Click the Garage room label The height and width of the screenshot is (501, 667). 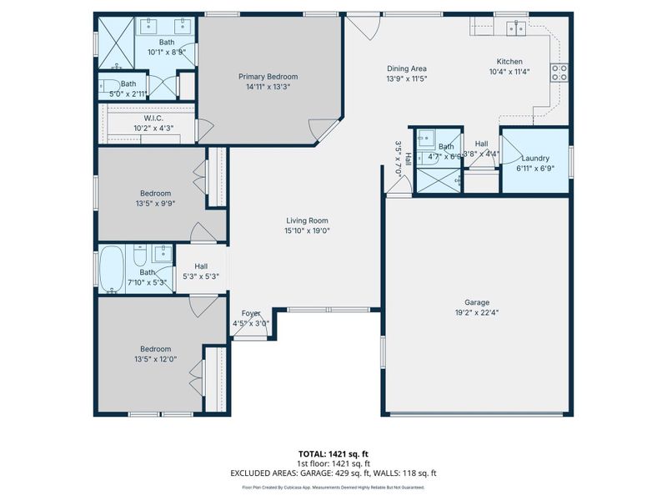477,302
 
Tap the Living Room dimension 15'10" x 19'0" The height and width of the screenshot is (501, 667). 308,231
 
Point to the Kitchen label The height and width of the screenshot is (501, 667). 509,62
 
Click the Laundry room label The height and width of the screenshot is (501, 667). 534,159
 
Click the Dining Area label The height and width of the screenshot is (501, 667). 407,68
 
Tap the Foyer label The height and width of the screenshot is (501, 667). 251,313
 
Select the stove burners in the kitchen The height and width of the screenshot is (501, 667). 559,73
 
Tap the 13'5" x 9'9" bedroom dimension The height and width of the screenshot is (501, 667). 155,203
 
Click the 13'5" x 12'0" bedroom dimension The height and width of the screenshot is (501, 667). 155,359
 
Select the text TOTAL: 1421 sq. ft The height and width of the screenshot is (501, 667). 333,453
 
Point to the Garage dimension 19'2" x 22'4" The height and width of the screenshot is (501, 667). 477,312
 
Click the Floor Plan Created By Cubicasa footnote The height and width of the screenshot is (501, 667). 333,487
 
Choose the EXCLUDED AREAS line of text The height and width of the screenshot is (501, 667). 333,473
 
